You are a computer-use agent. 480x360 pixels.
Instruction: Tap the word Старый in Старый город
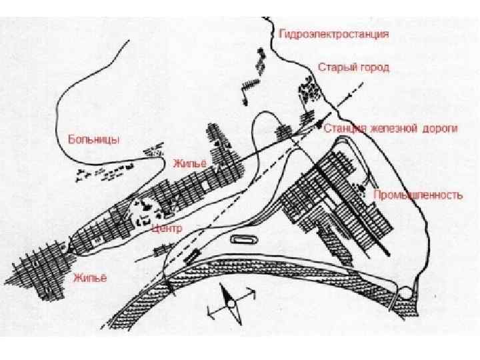click(333, 68)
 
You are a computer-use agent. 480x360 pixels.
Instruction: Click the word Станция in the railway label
click(345, 128)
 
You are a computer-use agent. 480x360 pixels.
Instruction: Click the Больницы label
click(94, 140)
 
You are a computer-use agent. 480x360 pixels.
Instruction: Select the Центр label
click(167, 228)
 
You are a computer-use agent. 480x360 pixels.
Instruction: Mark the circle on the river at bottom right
click(405, 292)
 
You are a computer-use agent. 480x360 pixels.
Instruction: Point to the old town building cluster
click(308, 89)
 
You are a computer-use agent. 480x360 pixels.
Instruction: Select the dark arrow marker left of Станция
click(319, 125)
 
